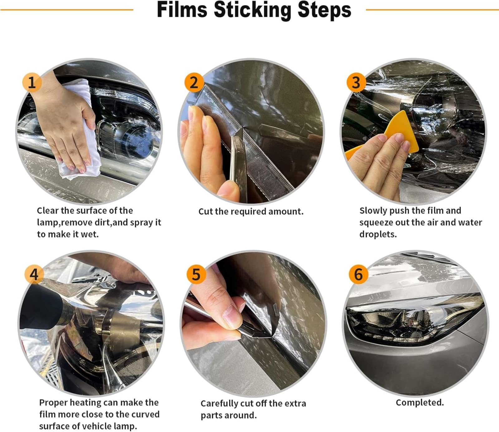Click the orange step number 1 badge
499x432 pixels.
[x=31, y=82]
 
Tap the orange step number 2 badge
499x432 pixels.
[x=194, y=83]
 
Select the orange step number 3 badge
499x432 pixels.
[x=356, y=83]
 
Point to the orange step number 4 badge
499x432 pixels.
[x=34, y=274]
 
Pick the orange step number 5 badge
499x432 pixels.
[x=196, y=274]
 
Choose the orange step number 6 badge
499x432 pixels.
[x=358, y=274]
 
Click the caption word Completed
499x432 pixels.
[x=419, y=402]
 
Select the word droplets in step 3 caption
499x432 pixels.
[x=378, y=234]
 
